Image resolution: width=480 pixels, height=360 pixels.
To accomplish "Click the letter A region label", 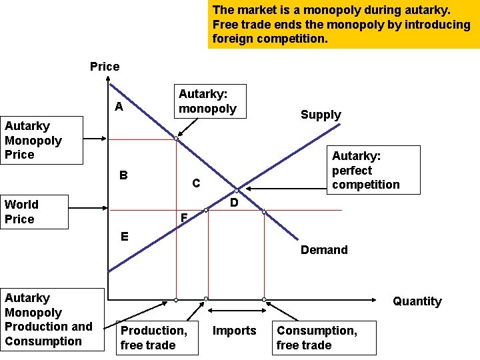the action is (x=118, y=107).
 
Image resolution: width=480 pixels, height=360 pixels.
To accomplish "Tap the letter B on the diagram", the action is (x=123, y=176).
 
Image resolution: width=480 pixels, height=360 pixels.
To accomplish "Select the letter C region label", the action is (x=195, y=183).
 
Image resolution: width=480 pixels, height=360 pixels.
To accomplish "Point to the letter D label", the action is (x=234, y=202).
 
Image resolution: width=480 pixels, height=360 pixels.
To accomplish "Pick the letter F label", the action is (x=185, y=217).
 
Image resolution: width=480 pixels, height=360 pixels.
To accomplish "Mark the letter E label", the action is (x=124, y=236).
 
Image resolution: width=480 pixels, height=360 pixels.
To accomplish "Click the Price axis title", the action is (x=105, y=67).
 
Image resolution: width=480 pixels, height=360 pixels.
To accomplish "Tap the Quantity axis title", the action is (x=417, y=301).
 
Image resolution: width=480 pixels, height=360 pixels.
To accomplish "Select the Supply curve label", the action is (x=321, y=115).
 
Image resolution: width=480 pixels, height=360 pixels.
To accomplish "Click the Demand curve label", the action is (x=324, y=250).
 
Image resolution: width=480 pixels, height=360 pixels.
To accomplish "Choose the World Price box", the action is (x=34, y=212).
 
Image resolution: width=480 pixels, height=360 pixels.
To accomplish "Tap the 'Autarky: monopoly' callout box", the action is (x=208, y=101).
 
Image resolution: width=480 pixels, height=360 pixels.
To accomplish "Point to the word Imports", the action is (x=234, y=331).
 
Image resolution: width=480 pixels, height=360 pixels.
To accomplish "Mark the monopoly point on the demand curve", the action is (x=176, y=139).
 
